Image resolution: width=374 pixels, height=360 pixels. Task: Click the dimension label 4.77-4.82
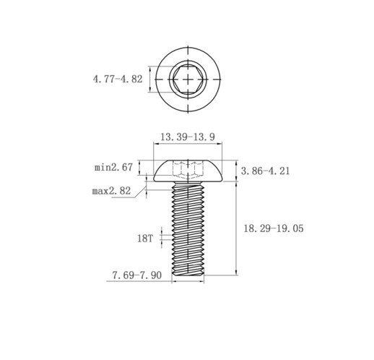118,79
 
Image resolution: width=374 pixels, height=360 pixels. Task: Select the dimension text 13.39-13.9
188,137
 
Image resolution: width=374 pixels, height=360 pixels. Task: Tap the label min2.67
113,167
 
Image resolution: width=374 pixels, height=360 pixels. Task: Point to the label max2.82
111,191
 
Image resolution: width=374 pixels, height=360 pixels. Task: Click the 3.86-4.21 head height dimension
266,171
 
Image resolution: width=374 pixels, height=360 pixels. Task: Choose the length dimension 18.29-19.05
274,228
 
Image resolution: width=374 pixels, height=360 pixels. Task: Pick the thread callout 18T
145,239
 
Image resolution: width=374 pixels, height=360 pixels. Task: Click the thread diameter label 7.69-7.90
137,275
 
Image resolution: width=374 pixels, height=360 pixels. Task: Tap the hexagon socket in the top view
188,79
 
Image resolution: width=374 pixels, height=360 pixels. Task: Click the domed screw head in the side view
188,171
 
